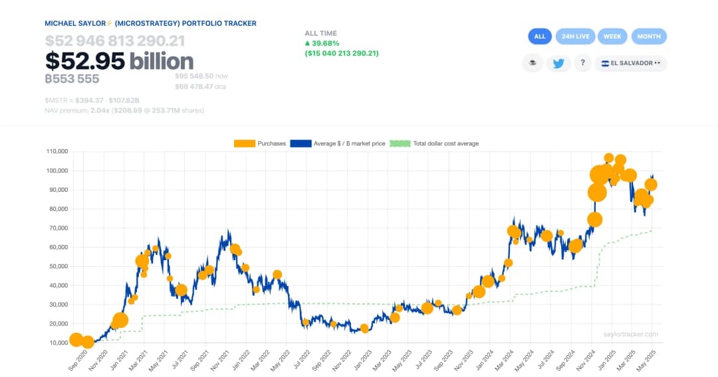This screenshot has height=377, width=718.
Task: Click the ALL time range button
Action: tap(540, 37)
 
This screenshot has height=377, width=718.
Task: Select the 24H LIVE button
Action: tap(575, 37)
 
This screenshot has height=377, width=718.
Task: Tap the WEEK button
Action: tap(612, 37)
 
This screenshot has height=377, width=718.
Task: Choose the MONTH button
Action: tap(649, 37)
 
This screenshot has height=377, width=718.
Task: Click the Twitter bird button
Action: tap(558, 64)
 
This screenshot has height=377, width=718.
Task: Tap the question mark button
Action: tap(582, 64)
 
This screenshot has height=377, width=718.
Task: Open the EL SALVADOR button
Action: tap(630, 64)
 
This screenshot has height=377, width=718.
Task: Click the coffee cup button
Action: tap(533, 64)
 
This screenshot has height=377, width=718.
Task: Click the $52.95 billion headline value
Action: tap(120, 61)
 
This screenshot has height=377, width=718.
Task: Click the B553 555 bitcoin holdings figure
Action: tap(72, 78)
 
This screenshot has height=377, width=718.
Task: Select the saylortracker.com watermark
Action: tap(631, 335)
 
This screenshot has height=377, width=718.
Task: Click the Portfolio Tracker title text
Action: tap(150, 23)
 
